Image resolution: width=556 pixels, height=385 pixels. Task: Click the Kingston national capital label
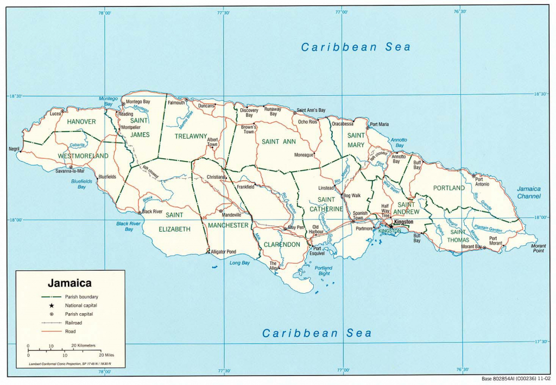pos(403,222)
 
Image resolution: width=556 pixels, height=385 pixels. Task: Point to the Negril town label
pos(14,148)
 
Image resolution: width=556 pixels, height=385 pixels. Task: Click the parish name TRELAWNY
pos(191,136)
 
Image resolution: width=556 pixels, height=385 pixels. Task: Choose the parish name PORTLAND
pos(448,188)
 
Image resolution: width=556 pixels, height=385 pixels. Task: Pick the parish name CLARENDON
pos(282,245)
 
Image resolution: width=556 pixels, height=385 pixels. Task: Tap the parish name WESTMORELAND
pos(83,156)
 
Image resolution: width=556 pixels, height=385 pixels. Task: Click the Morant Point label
pos(538,248)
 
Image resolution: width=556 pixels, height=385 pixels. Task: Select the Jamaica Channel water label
pos(528,192)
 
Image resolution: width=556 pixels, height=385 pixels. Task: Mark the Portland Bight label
pos(323,271)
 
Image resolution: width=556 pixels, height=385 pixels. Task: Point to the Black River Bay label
pos(129,226)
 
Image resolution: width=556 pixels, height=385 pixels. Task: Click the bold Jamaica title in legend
pos(69,283)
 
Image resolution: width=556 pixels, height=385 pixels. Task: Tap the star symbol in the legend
pos(52,306)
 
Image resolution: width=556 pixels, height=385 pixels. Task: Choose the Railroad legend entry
pos(74,322)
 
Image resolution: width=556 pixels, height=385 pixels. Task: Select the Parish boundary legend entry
pos(81,297)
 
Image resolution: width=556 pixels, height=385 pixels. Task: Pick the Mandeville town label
pos(230,215)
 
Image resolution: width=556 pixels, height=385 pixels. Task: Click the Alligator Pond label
pos(223,252)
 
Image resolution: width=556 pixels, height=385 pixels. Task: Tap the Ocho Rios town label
pos(307,122)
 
